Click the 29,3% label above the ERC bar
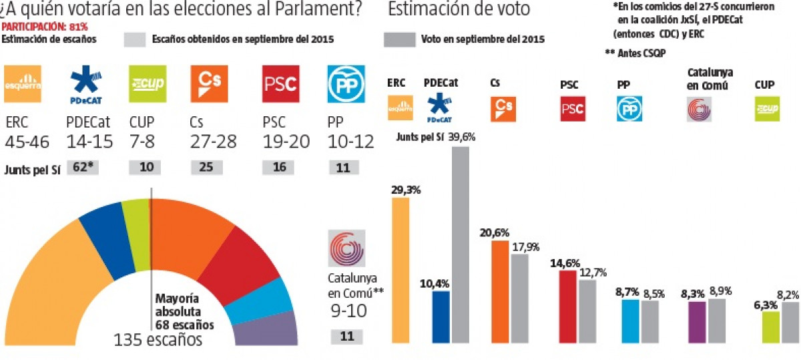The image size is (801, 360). [x=406, y=190]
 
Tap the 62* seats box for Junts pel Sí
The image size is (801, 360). [x=83, y=168]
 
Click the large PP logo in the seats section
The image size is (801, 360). [x=345, y=83]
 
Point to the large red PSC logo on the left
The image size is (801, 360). [x=280, y=83]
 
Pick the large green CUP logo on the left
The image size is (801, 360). [x=147, y=83]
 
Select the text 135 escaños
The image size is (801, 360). [x=158, y=340]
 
